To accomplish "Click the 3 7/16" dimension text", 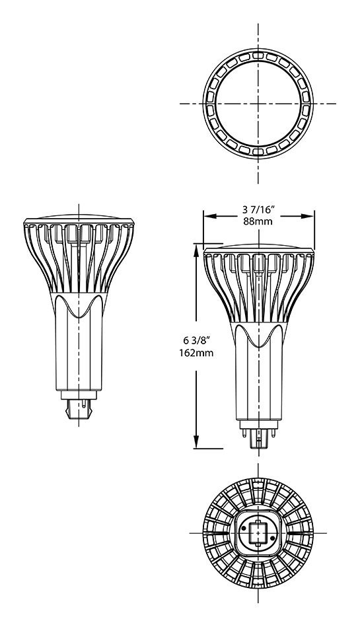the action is (x=258, y=209).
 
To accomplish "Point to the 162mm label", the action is (x=196, y=353).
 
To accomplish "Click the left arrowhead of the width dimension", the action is (x=209, y=216).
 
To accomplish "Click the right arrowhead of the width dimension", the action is (x=308, y=216).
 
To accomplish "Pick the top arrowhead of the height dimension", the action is (x=196, y=250).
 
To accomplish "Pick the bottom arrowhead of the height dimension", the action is (x=196, y=442).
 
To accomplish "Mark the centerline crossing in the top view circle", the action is (x=258, y=104).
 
